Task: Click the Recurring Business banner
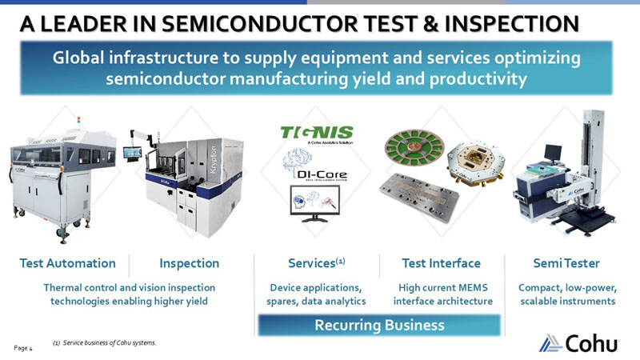(x=380, y=325)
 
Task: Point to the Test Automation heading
(x=68, y=263)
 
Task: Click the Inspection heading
(x=190, y=263)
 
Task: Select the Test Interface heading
(x=441, y=263)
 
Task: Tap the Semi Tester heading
(x=566, y=263)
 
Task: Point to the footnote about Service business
(x=104, y=343)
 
